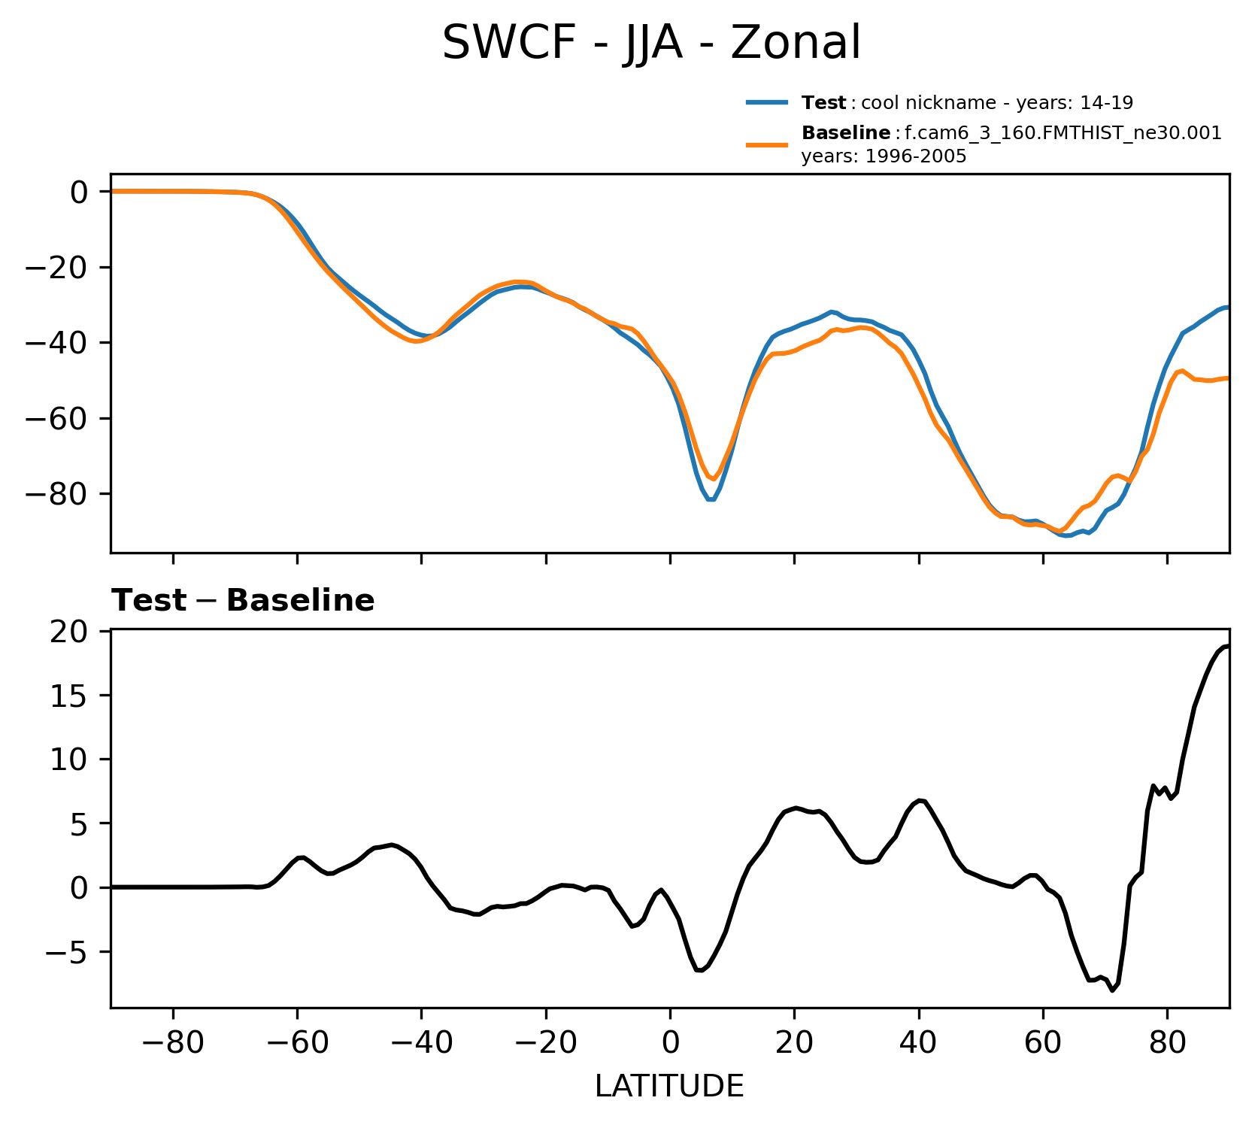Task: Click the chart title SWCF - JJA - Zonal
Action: tap(650, 43)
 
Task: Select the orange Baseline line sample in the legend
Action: tap(766, 144)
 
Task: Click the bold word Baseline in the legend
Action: tap(846, 134)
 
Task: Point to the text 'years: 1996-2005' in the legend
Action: tap(883, 157)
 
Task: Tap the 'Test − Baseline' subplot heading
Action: tap(243, 601)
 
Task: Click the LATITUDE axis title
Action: tap(669, 1086)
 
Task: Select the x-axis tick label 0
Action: tap(670, 1044)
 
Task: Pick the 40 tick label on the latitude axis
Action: tap(918, 1044)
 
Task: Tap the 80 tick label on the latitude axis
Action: tap(1167, 1044)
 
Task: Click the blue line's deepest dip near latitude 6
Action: tap(711, 499)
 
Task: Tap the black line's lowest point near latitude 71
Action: tap(1112, 990)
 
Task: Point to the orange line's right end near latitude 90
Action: tap(1228, 378)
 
